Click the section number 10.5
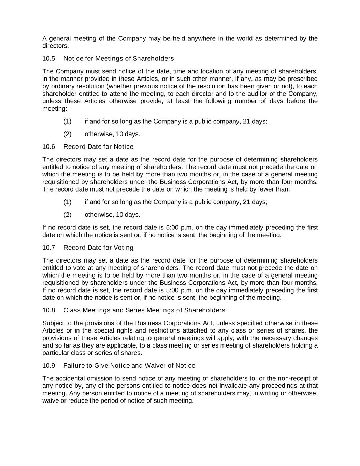coord(48,59)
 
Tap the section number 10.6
coord(48,147)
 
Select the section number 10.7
coord(48,248)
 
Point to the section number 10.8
coord(48,310)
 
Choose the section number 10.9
coord(48,366)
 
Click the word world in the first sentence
coord(245,38)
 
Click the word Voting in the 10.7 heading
coord(123,248)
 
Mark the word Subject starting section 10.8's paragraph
coord(53,323)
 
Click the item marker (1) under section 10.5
coord(67,121)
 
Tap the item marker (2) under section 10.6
coord(67,215)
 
